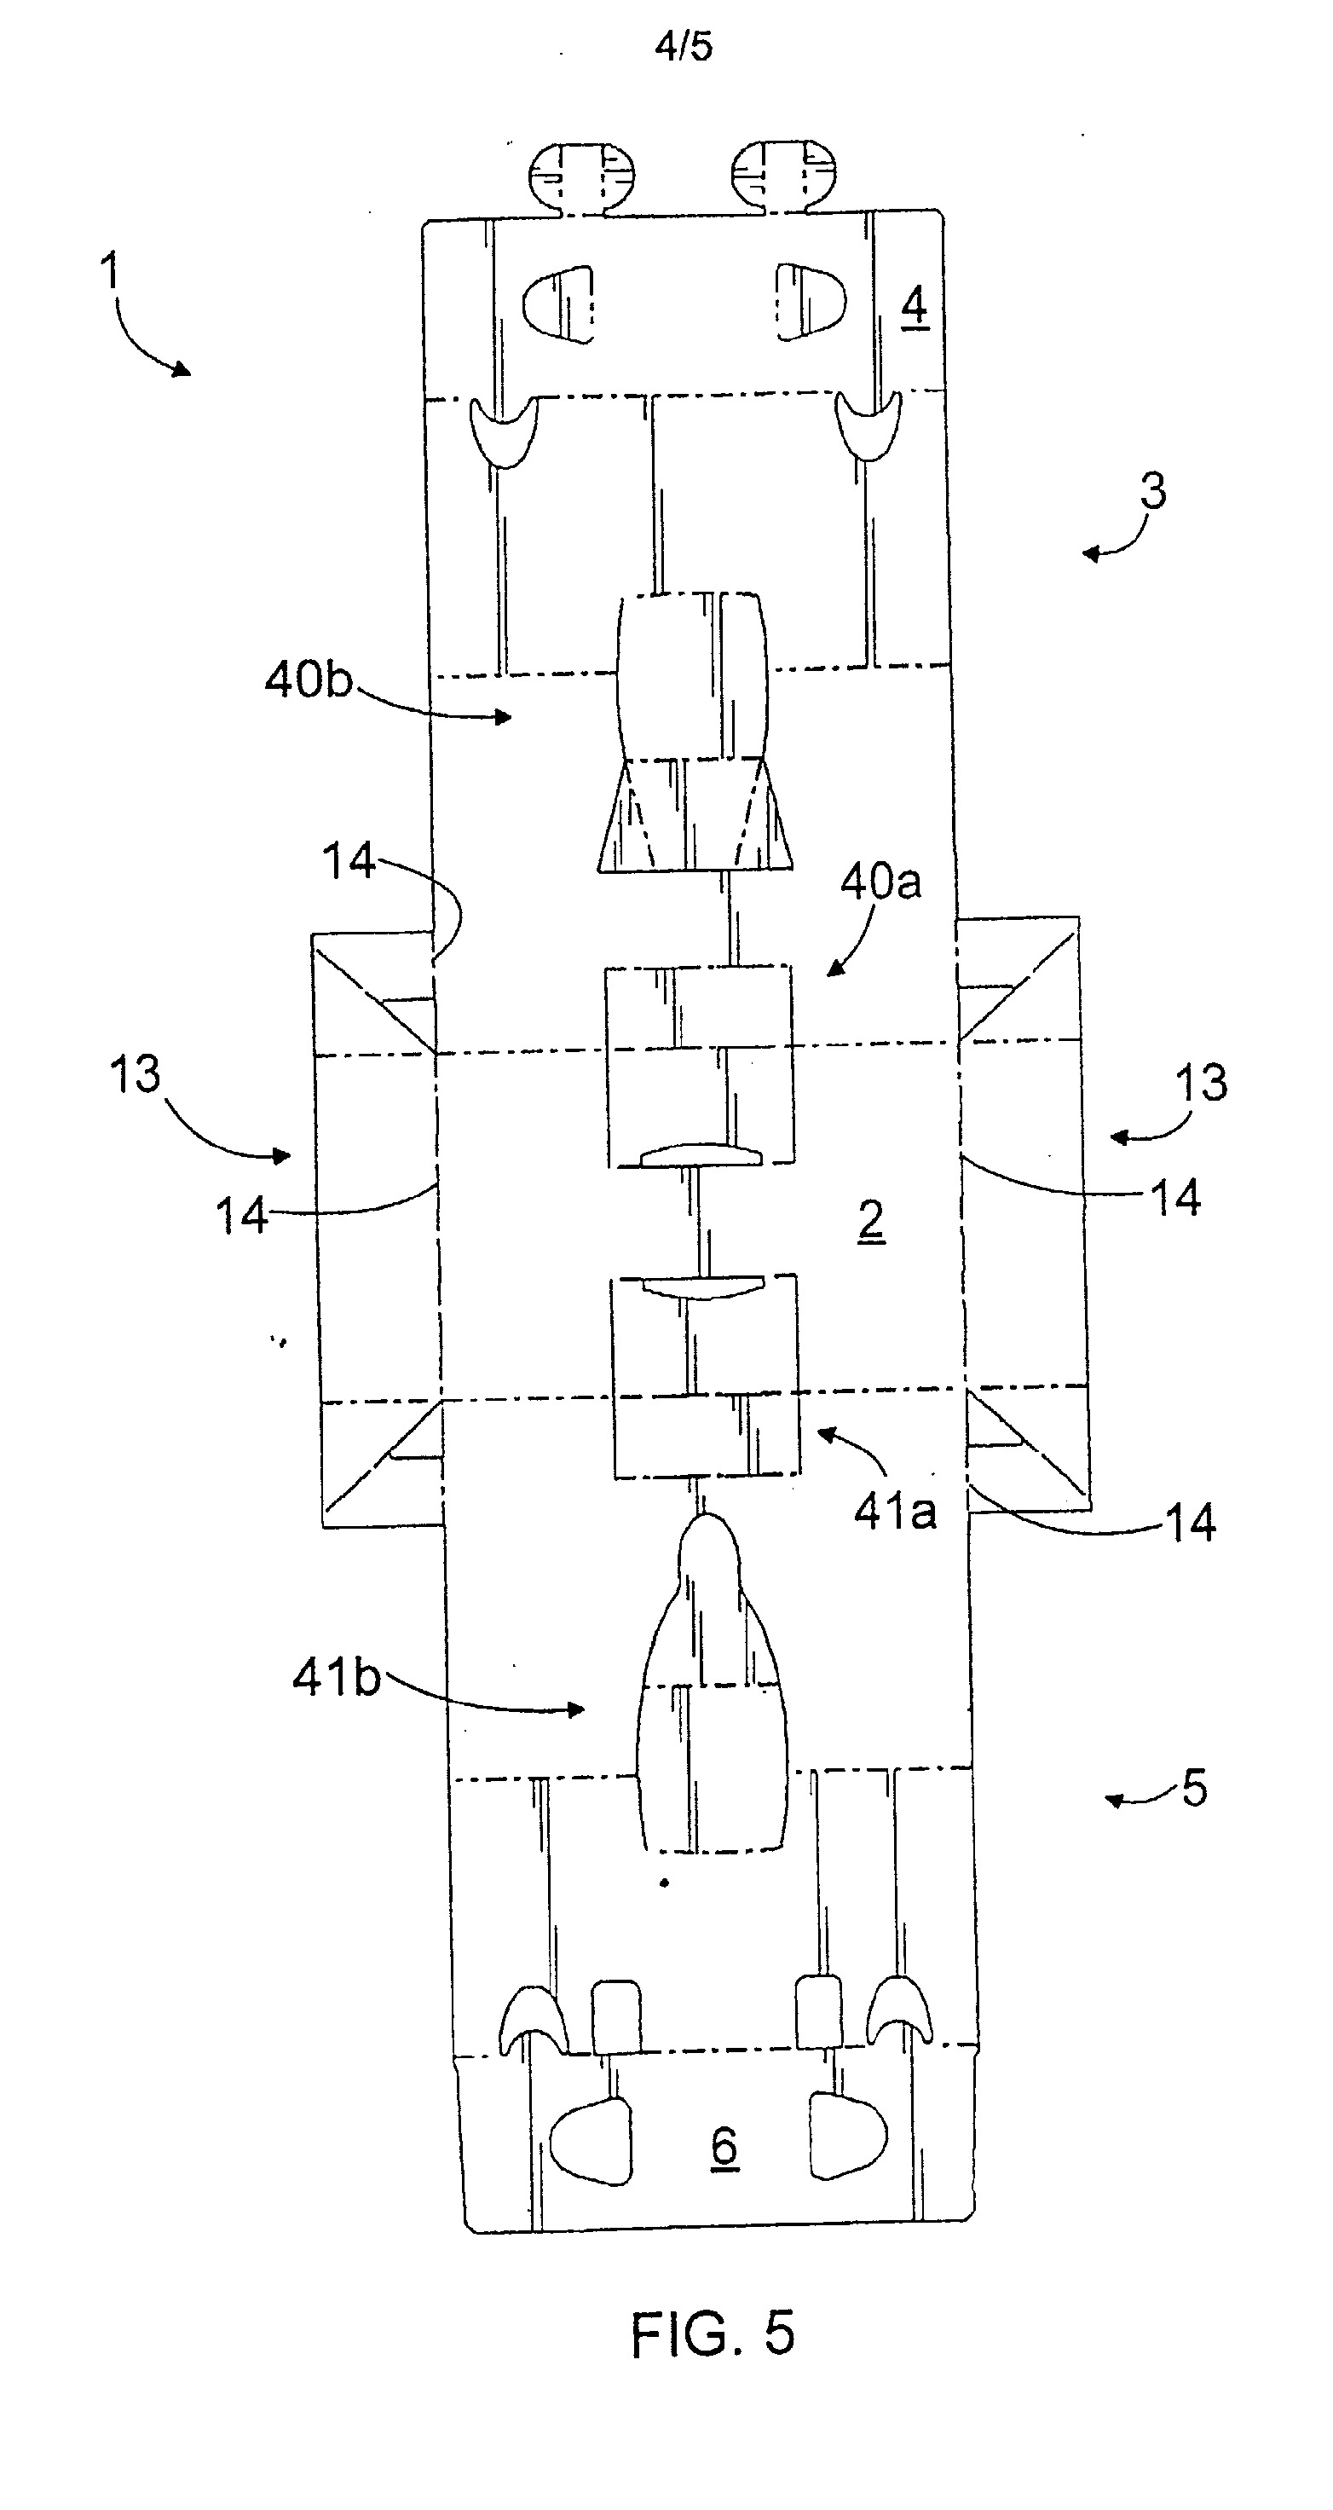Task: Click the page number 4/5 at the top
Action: pyautogui.click(x=684, y=46)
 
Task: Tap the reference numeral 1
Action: pyautogui.click(x=110, y=270)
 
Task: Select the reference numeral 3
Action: pyautogui.click(x=1152, y=491)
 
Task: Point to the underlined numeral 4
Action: pyautogui.click(x=913, y=308)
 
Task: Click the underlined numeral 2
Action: pyautogui.click(x=871, y=1222)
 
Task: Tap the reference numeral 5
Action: pyautogui.click(x=1194, y=1788)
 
